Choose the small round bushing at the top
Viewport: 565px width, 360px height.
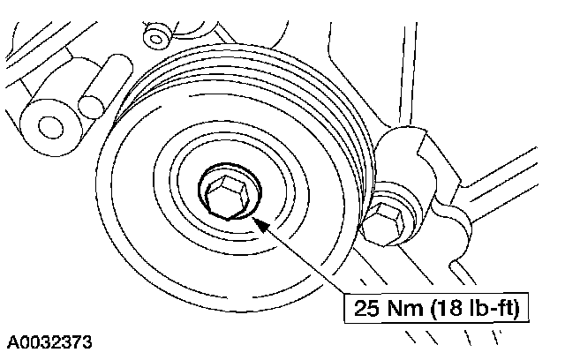(159, 36)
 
